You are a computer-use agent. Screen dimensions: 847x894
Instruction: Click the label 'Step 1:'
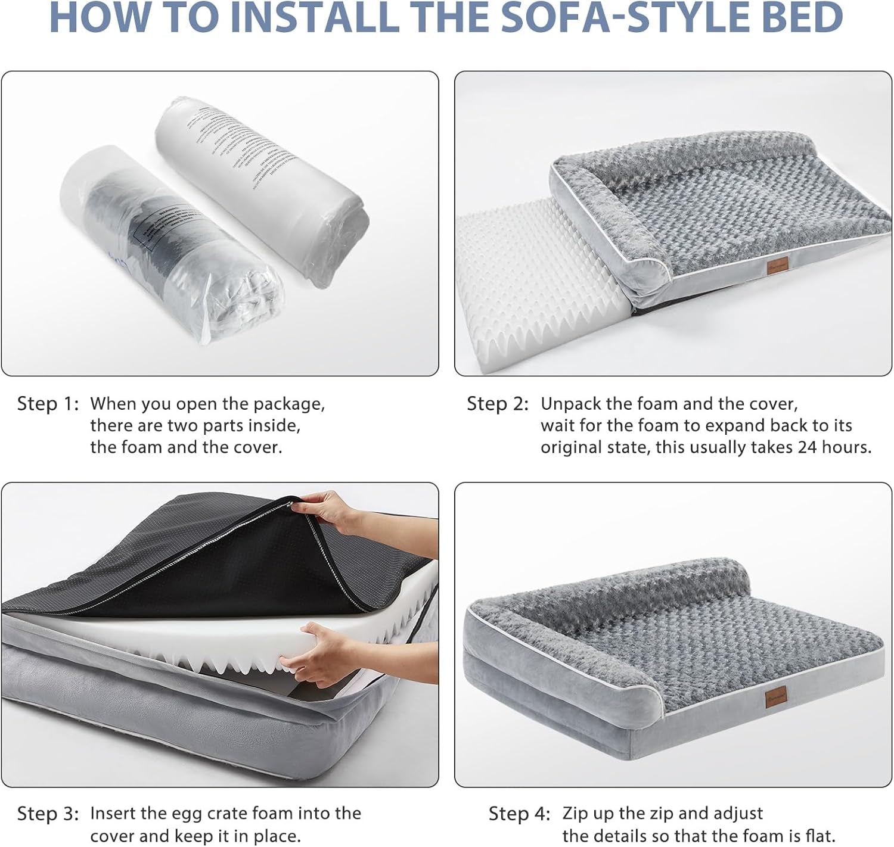[48, 404]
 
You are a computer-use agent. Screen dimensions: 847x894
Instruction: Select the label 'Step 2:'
[498, 404]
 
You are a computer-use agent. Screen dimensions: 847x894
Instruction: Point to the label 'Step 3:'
[48, 814]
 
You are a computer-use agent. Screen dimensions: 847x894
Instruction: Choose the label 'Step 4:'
[520, 814]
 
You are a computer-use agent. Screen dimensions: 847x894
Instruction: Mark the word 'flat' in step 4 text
[820, 836]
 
